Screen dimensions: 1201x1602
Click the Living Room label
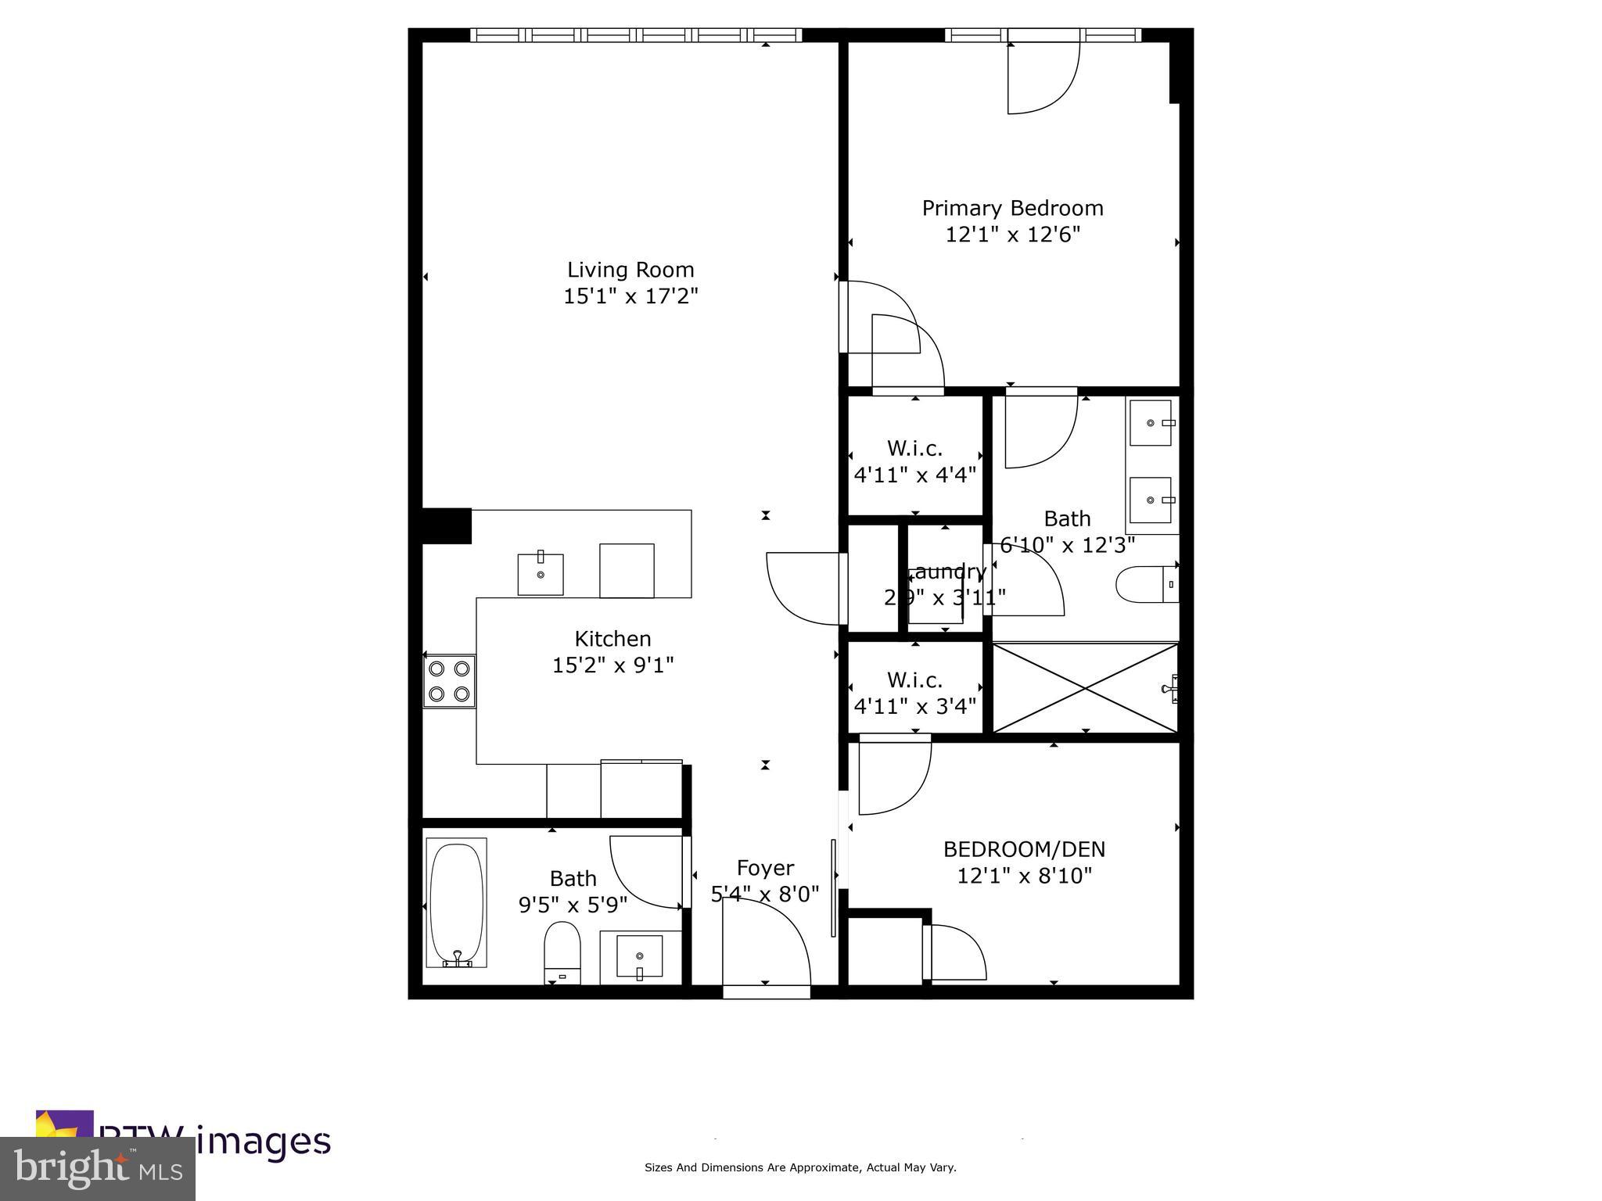630,270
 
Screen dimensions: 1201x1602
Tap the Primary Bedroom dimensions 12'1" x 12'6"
1012,235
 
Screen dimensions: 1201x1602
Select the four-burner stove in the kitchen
450,681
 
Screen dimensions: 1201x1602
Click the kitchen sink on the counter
541,574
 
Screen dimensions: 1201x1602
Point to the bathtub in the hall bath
456,902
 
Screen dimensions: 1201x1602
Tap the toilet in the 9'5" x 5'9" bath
562,950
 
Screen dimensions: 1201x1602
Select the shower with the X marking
1085,689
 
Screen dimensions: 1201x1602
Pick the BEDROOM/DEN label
1024,849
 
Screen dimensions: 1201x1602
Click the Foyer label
765,868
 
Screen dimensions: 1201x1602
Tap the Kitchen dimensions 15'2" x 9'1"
612,665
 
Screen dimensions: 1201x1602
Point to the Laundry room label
946,572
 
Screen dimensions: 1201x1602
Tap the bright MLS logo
97,1168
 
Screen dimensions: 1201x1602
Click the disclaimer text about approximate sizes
799,1167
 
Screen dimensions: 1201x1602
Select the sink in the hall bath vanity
640,955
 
